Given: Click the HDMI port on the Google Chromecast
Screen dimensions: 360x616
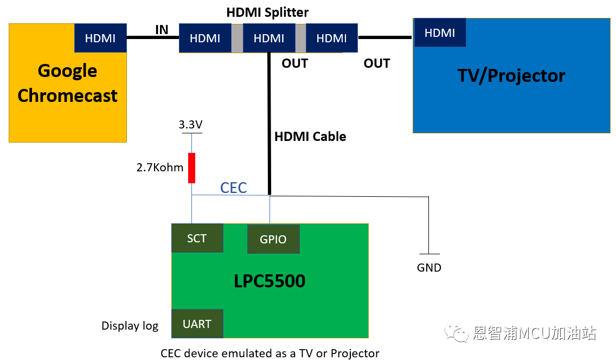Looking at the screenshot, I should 100,38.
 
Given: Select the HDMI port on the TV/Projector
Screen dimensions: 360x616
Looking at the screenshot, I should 440,33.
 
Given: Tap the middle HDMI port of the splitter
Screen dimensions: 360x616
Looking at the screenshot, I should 269,38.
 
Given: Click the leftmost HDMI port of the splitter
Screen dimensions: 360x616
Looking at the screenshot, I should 205,38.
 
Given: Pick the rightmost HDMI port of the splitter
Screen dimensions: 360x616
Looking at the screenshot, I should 331,38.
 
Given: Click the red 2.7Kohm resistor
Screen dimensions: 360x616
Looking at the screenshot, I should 191,168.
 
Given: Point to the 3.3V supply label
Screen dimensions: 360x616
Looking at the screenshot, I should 190,125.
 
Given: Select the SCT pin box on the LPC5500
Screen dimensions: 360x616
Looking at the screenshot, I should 197,239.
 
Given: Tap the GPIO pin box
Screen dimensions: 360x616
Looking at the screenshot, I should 273,239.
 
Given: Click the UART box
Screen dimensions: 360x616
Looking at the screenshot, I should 197,324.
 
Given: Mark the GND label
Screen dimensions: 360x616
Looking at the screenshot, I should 429,267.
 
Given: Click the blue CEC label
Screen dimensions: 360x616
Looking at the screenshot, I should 233,188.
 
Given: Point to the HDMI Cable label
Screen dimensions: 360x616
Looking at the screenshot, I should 310,136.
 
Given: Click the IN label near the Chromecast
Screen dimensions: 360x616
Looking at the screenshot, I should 162,29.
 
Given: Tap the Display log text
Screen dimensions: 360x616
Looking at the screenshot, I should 130,326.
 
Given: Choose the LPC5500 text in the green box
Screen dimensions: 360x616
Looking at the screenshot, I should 269,281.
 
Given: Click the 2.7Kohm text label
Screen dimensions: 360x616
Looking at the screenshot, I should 160,168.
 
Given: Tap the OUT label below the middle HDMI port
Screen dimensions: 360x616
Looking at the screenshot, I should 294,63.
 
